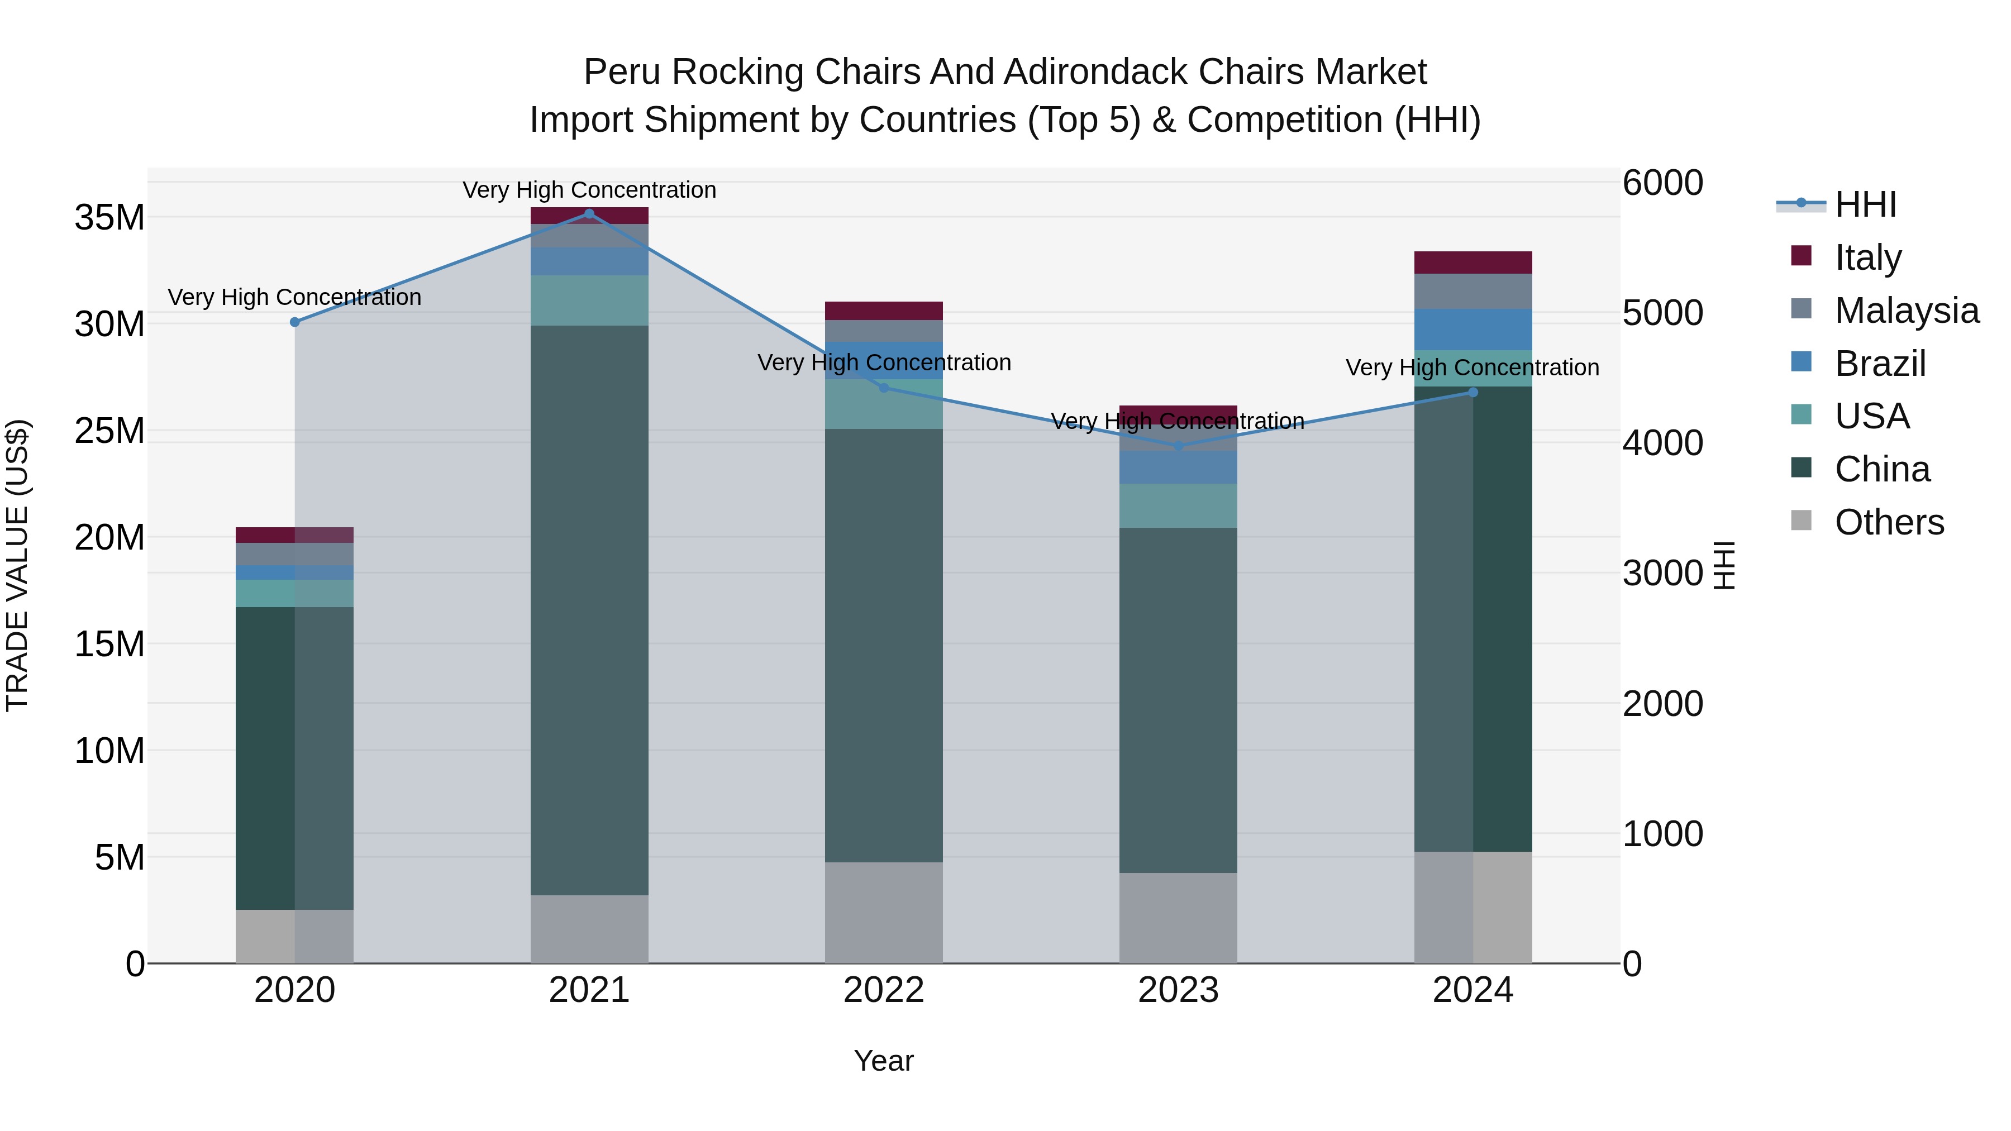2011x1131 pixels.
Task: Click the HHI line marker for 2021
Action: coord(589,214)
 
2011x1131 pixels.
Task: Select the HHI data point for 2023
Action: coord(1179,446)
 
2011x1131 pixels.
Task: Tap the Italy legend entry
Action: coord(1867,257)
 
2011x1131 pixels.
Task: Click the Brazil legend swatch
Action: coord(1801,362)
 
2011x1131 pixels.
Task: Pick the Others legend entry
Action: coord(1889,522)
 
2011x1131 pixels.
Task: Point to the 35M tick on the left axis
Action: coord(109,217)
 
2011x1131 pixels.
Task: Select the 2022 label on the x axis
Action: coord(884,990)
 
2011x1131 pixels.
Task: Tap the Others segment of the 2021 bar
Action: coord(589,929)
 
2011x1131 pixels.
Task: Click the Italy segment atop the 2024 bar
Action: coord(1473,263)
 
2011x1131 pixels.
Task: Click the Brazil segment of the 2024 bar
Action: coord(1473,330)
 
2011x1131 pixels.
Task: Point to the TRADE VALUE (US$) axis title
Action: coord(17,565)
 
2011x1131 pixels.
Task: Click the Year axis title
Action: coord(884,1061)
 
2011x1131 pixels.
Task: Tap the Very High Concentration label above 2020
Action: coord(294,297)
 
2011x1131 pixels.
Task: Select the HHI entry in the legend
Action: coord(1865,204)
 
